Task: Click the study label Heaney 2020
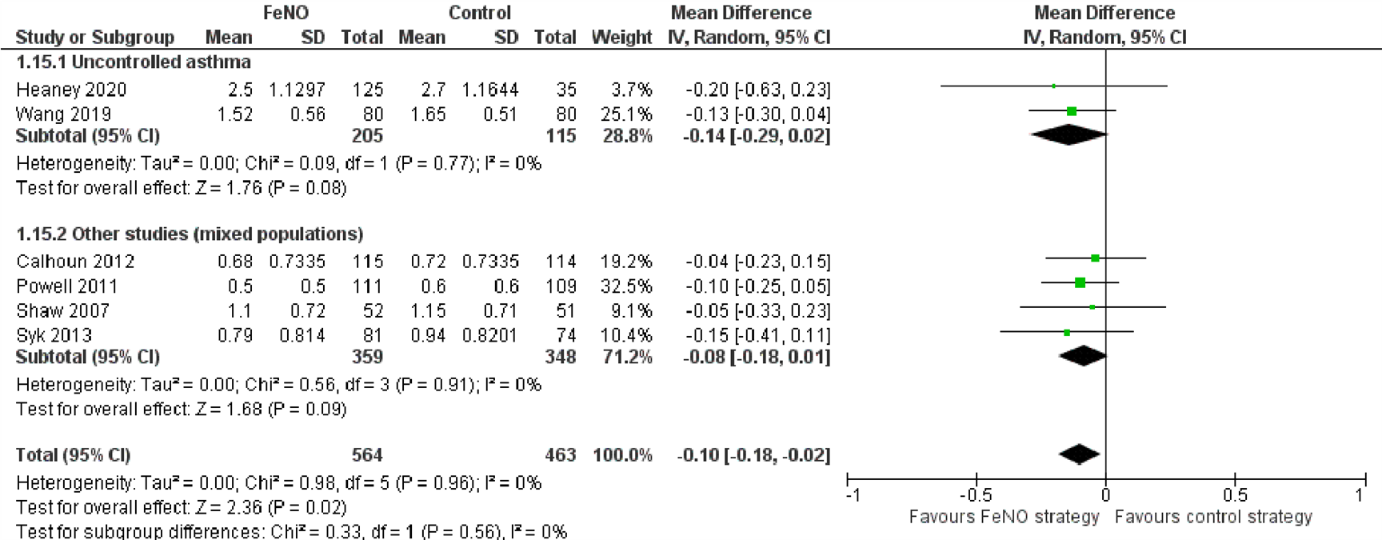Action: coord(71,90)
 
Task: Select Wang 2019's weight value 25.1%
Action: coord(626,114)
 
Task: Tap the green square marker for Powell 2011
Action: coord(1080,282)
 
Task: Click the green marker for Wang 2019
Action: coord(1072,111)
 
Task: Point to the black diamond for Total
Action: coord(1079,454)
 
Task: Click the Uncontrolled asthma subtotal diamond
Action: coord(1068,135)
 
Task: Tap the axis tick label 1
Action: coord(1358,495)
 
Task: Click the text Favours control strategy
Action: coord(1212,517)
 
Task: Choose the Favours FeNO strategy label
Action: coord(1004,517)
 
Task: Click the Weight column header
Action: coord(621,38)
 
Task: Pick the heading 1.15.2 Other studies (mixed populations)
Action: coord(190,234)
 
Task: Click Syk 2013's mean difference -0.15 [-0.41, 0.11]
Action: coord(757,335)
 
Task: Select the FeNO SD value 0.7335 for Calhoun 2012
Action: coord(297,262)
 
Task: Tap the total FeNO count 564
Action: coord(367,455)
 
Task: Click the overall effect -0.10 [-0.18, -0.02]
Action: coord(753,455)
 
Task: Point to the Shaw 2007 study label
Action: coord(62,310)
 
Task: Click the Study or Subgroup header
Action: coord(94,38)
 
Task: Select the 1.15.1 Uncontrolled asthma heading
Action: coord(134,62)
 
